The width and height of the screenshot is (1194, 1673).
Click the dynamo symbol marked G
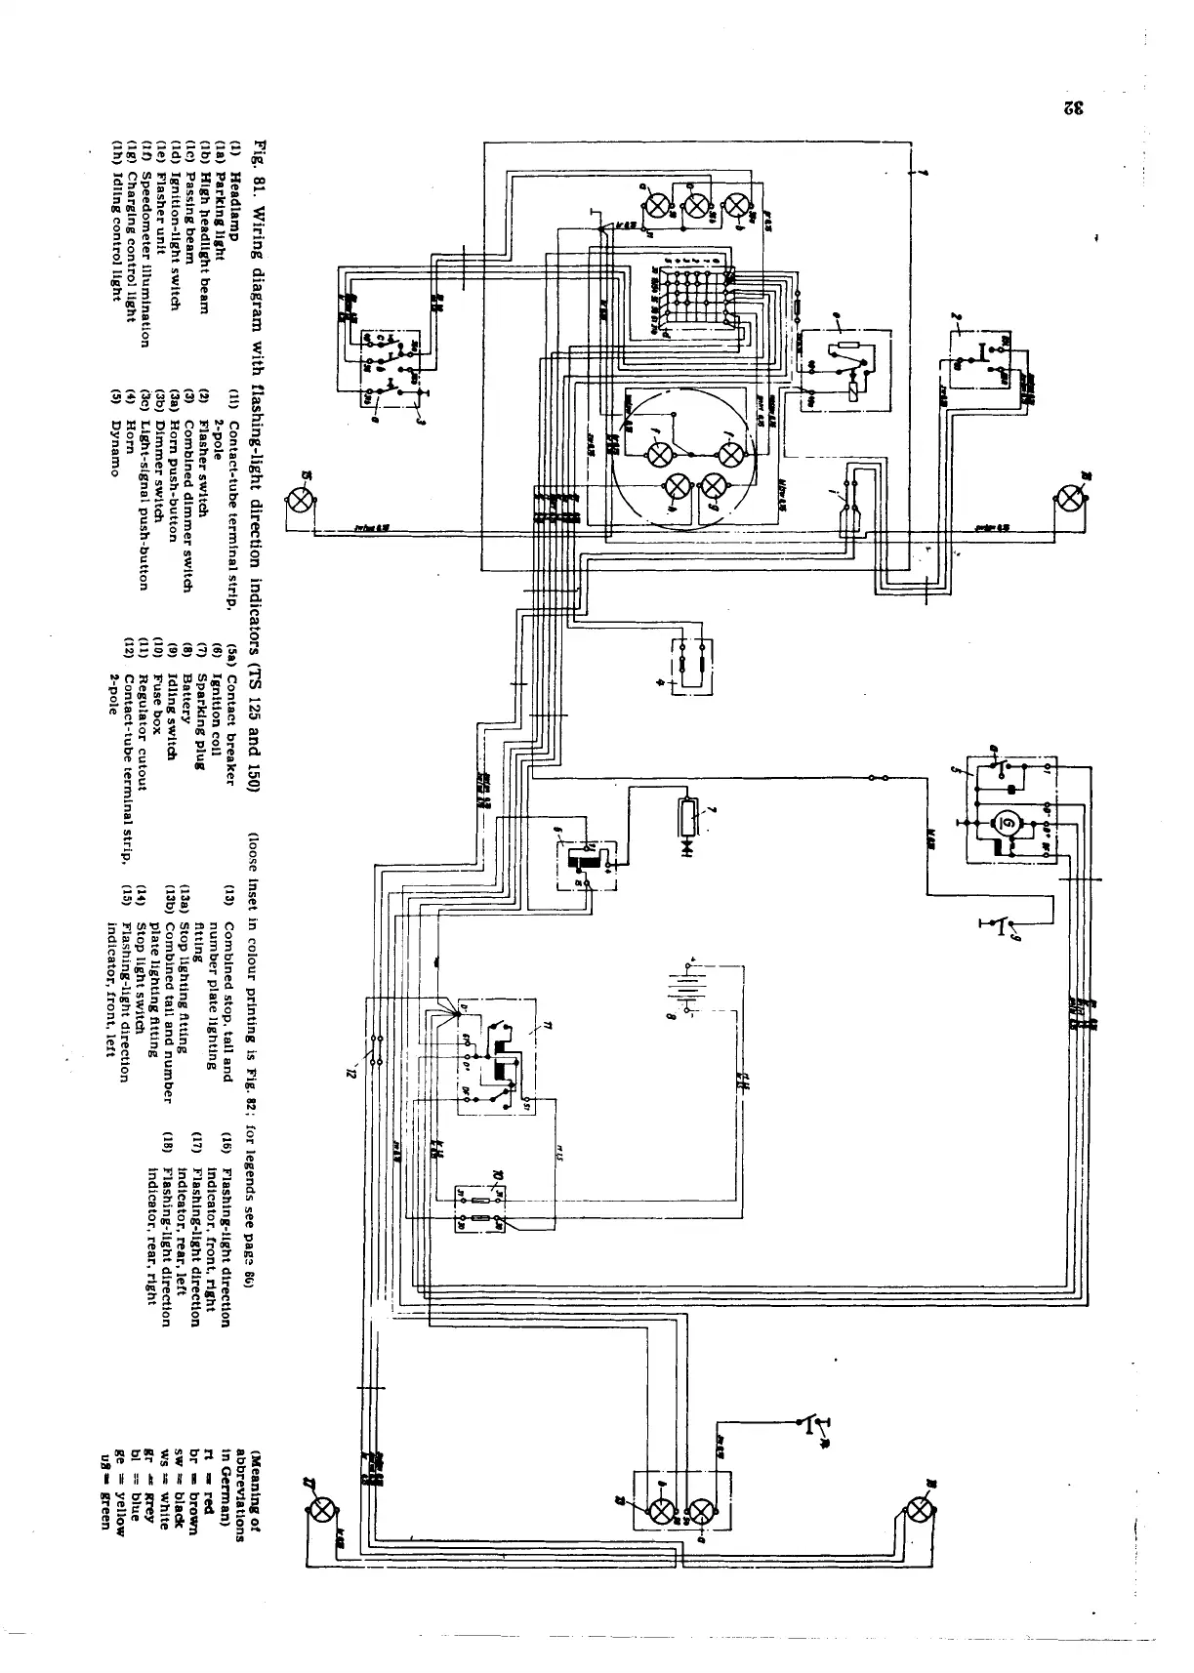(1006, 824)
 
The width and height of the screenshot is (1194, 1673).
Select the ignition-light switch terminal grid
(694, 298)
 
